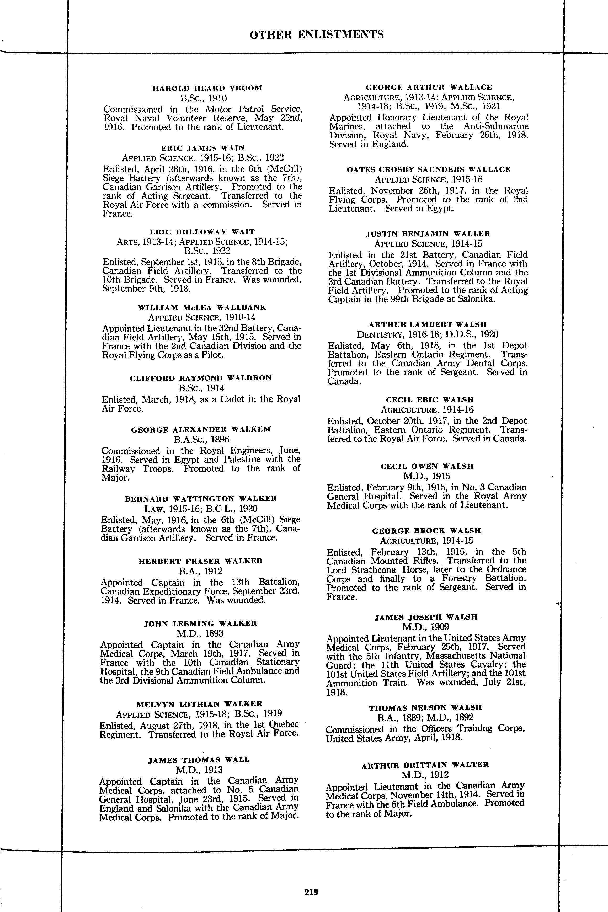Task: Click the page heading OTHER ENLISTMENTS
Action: pyautogui.click(x=316, y=35)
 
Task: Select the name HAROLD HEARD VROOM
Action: pyautogui.click(x=207, y=88)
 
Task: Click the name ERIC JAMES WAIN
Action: pyautogui.click(x=203, y=148)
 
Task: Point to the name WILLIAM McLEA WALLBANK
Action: pyautogui.click(x=202, y=307)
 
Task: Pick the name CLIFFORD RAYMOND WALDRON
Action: pyautogui.click(x=201, y=378)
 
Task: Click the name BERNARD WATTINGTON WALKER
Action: pyautogui.click(x=201, y=499)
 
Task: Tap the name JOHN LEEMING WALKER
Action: pyautogui.click(x=200, y=623)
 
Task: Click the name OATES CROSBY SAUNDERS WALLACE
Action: pyautogui.click(x=429, y=169)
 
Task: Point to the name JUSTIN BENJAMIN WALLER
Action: pyautogui.click(x=428, y=234)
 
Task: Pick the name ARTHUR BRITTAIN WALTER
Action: pyautogui.click(x=425, y=765)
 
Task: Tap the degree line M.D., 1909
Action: pyautogui.click(x=426, y=627)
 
